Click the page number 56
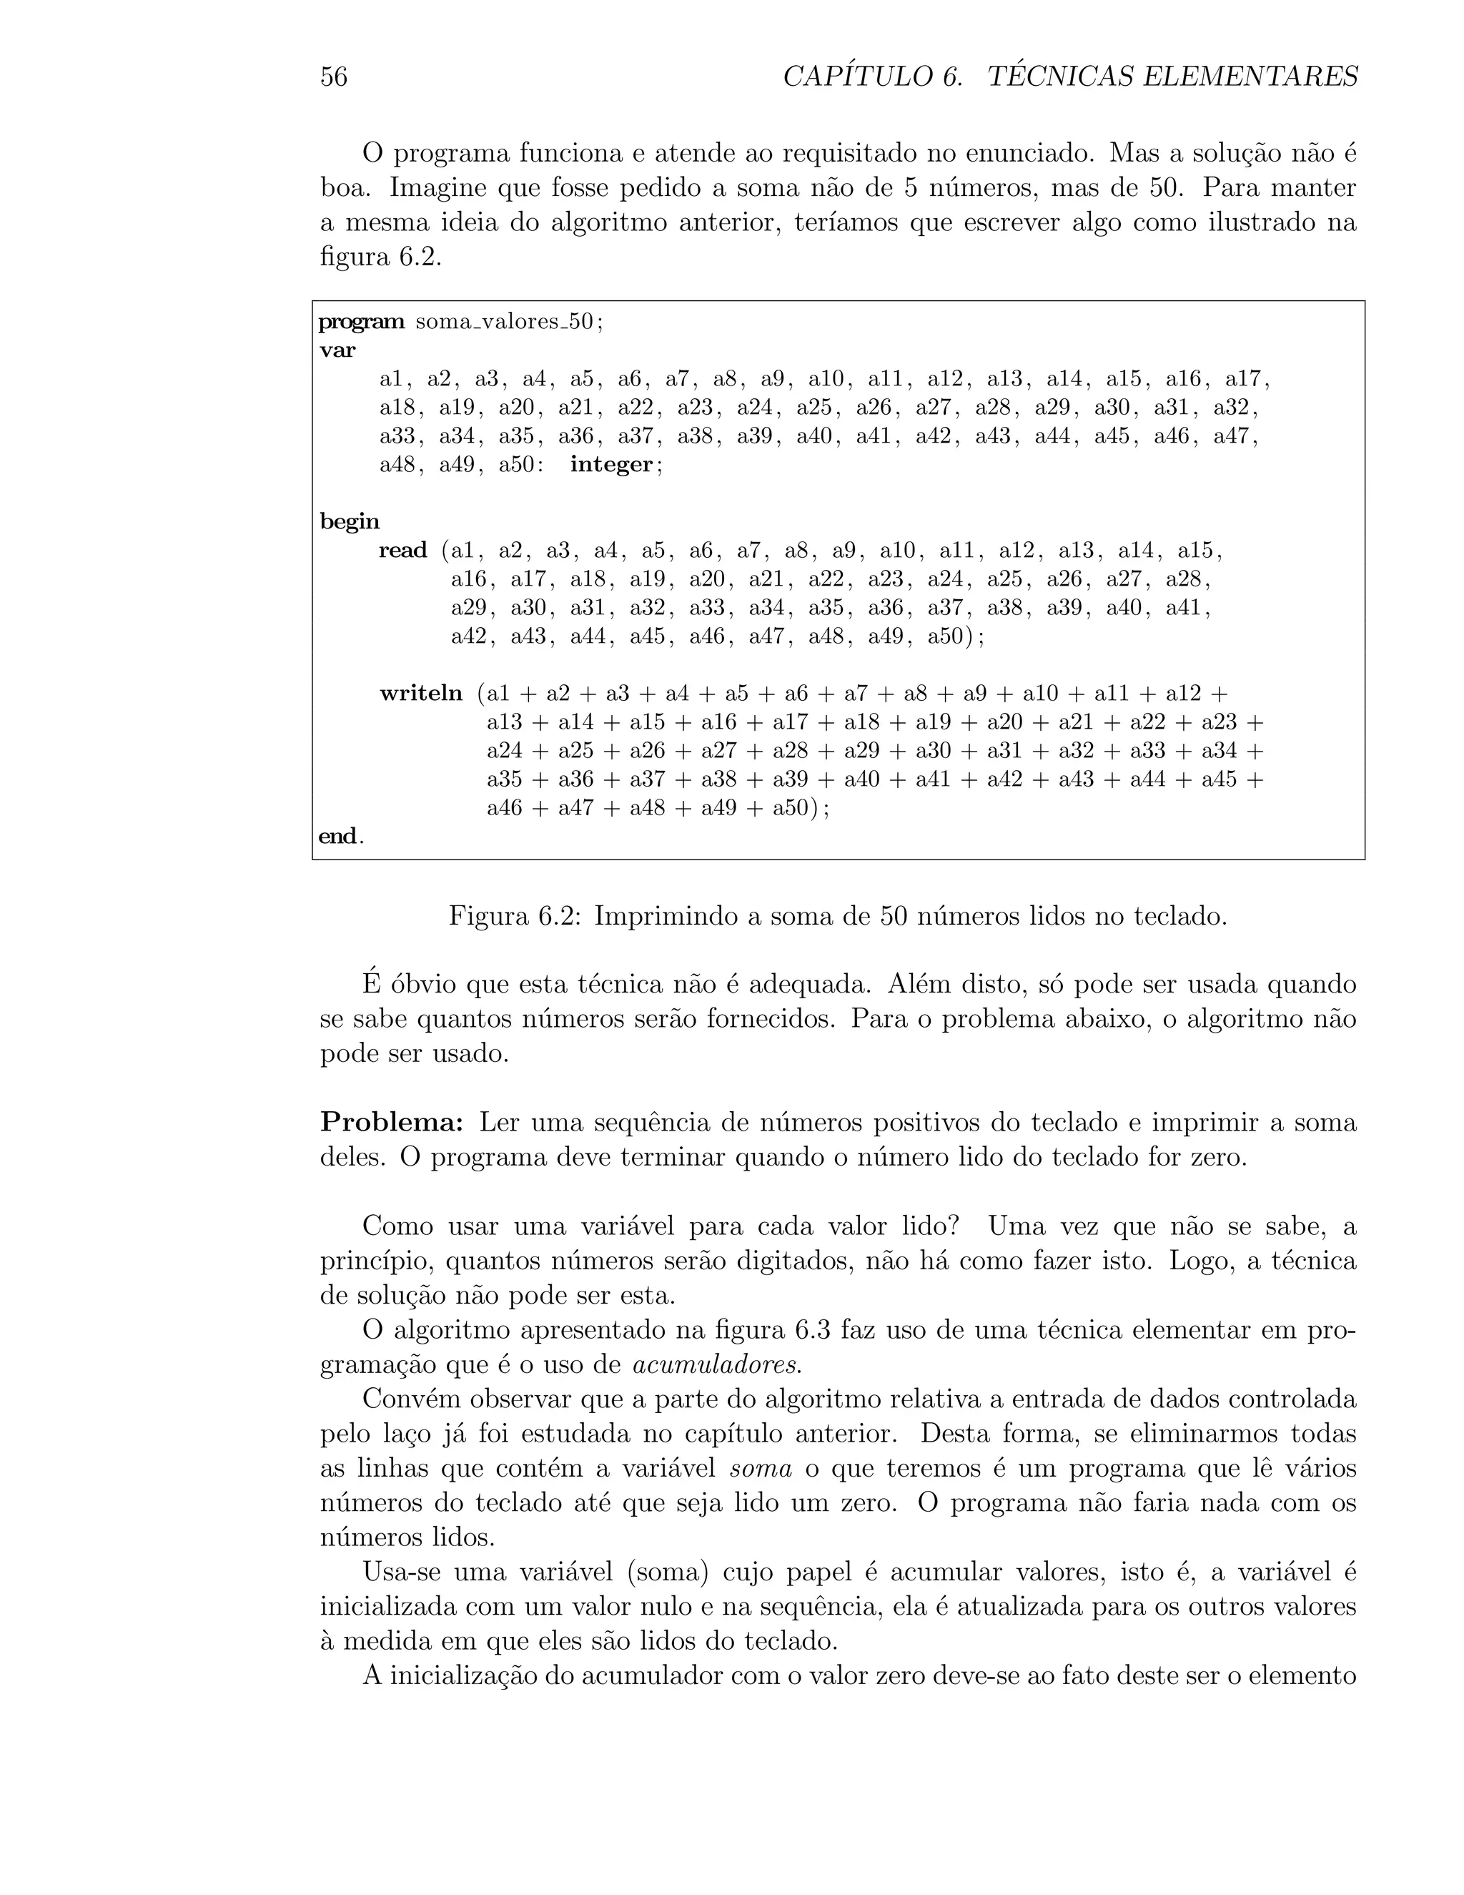click(x=334, y=77)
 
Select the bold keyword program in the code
click(x=361, y=323)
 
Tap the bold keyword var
click(x=337, y=350)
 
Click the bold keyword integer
click(x=610, y=465)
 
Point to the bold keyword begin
click(x=350, y=522)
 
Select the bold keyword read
click(x=403, y=551)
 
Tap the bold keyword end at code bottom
click(x=337, y=837)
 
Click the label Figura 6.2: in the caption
click(x=513, y=916)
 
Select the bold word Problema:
click(x=392, y=1123)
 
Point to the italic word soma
click(x=761, y=1469)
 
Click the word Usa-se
click(x=403, y=1572)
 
